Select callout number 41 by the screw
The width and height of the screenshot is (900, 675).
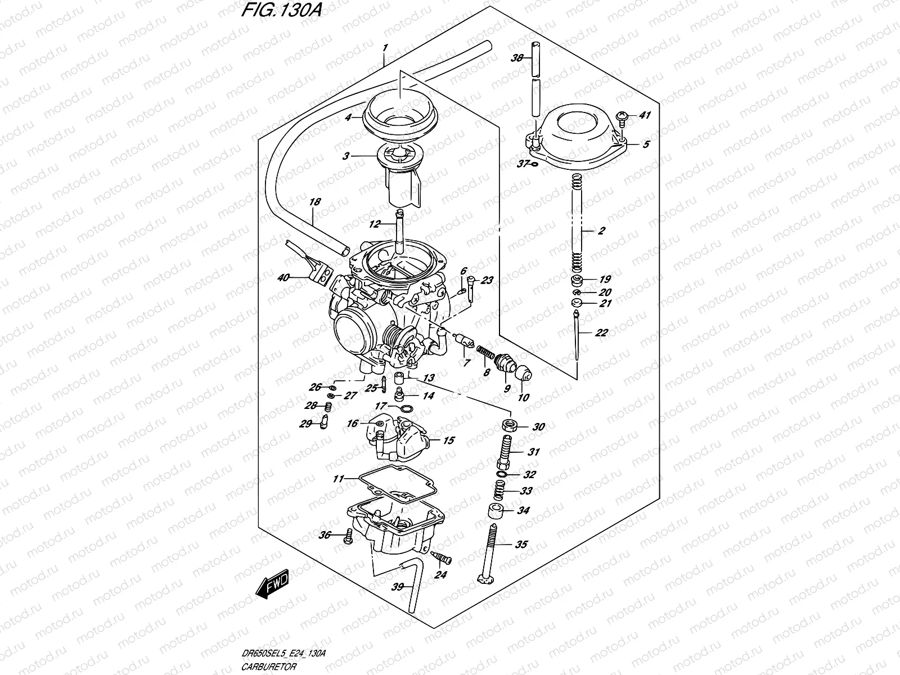[x=645, y=116]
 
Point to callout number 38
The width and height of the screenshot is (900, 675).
[x=516, y=58]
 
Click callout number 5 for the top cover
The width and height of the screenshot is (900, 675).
[x=646, y=145]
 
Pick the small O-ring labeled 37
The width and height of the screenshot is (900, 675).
[x=534, y=164]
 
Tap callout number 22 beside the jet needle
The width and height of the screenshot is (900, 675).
[x=601, y=333]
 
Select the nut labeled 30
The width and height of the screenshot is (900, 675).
[x=509, y=426]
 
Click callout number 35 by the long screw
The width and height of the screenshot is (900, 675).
[x=521, y=544]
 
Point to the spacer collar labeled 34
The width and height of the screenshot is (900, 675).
[x=495, y=511]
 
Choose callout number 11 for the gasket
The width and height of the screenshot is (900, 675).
[x=337, y=479]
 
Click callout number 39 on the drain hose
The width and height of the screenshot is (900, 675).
[x=398, y=587]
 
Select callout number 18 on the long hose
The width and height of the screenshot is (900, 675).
[x=315, y=201]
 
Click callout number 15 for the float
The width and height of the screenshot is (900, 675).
[x=448, y=440]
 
